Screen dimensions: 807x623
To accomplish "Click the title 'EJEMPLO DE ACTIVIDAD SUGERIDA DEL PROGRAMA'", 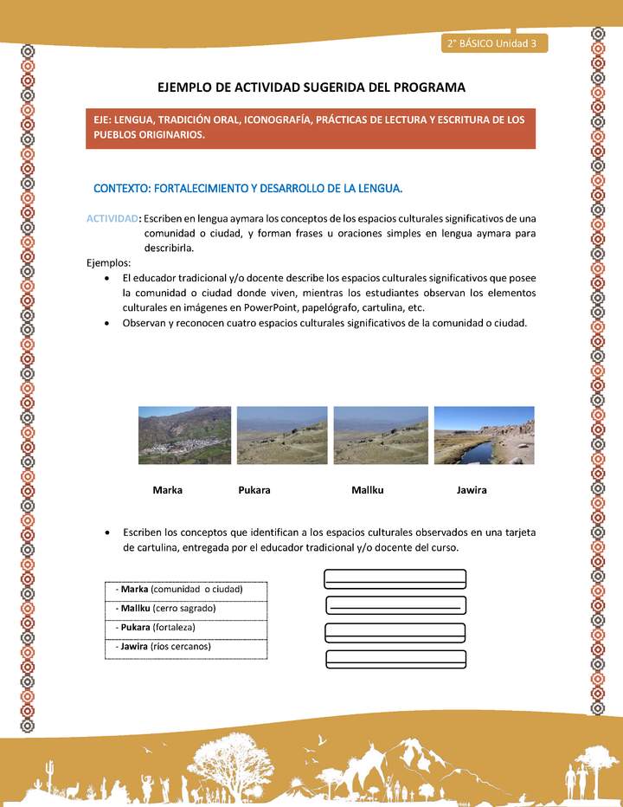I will [x=311, y=87].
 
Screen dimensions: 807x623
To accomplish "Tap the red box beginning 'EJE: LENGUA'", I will [x=311, y=127].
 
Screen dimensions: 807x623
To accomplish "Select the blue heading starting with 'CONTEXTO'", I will [x=247, y=188].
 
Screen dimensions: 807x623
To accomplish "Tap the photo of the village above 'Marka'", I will [x=184, y=436].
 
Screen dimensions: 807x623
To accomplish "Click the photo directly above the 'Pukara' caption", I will [x=281, y=436].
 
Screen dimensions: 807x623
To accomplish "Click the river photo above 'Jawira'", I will [x=484, y=436].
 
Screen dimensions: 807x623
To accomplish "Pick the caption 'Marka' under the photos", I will [x=167, y=490].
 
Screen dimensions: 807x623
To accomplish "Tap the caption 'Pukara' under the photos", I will [x=254, y=490].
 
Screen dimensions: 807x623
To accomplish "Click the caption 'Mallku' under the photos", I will [x=368, y=490].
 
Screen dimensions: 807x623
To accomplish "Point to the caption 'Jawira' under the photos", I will [x=472, y=490].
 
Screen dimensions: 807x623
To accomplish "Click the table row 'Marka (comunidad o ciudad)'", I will [x=185, y=590].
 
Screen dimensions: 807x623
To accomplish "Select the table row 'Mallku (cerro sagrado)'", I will [x=185, y=609].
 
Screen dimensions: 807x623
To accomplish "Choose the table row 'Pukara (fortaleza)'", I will [x=185, y=628].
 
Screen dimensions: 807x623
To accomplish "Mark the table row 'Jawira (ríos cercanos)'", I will [x=185, y=647].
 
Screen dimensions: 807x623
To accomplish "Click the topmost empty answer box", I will [x=395, y=578].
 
